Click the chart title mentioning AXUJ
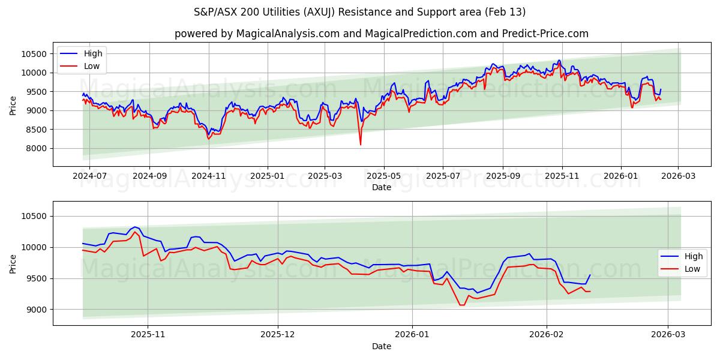360,12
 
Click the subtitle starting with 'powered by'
381,34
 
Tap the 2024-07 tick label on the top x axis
89,176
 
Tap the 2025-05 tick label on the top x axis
383,176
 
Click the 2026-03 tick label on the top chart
678,176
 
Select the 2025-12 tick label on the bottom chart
278,335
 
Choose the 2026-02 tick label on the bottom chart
547,335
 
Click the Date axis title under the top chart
381,187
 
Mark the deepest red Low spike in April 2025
361,144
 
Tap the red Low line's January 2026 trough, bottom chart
461,305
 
